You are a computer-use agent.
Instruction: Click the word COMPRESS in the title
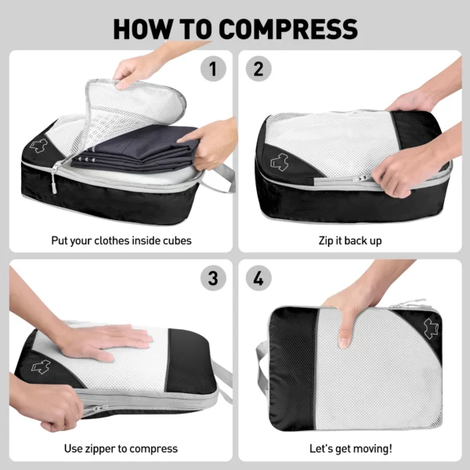[x=288, y=29]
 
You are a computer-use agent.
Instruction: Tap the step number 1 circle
[x=213, y=69]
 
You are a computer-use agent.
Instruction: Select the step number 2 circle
[x=258, y=69]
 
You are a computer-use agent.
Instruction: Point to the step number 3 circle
[x=213, y=278]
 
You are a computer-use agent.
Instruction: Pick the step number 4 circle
[x=258, y=278]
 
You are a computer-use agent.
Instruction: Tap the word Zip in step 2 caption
[x=325, y=241]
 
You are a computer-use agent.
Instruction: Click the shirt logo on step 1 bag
[x=38, y=146]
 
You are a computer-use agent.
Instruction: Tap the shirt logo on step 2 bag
[x=280, y=162]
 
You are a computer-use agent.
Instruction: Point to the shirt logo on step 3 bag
[x=41, y=367]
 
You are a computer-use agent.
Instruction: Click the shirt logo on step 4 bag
[x=431, y=328]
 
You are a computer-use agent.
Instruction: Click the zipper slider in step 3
[x=98, y=408]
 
